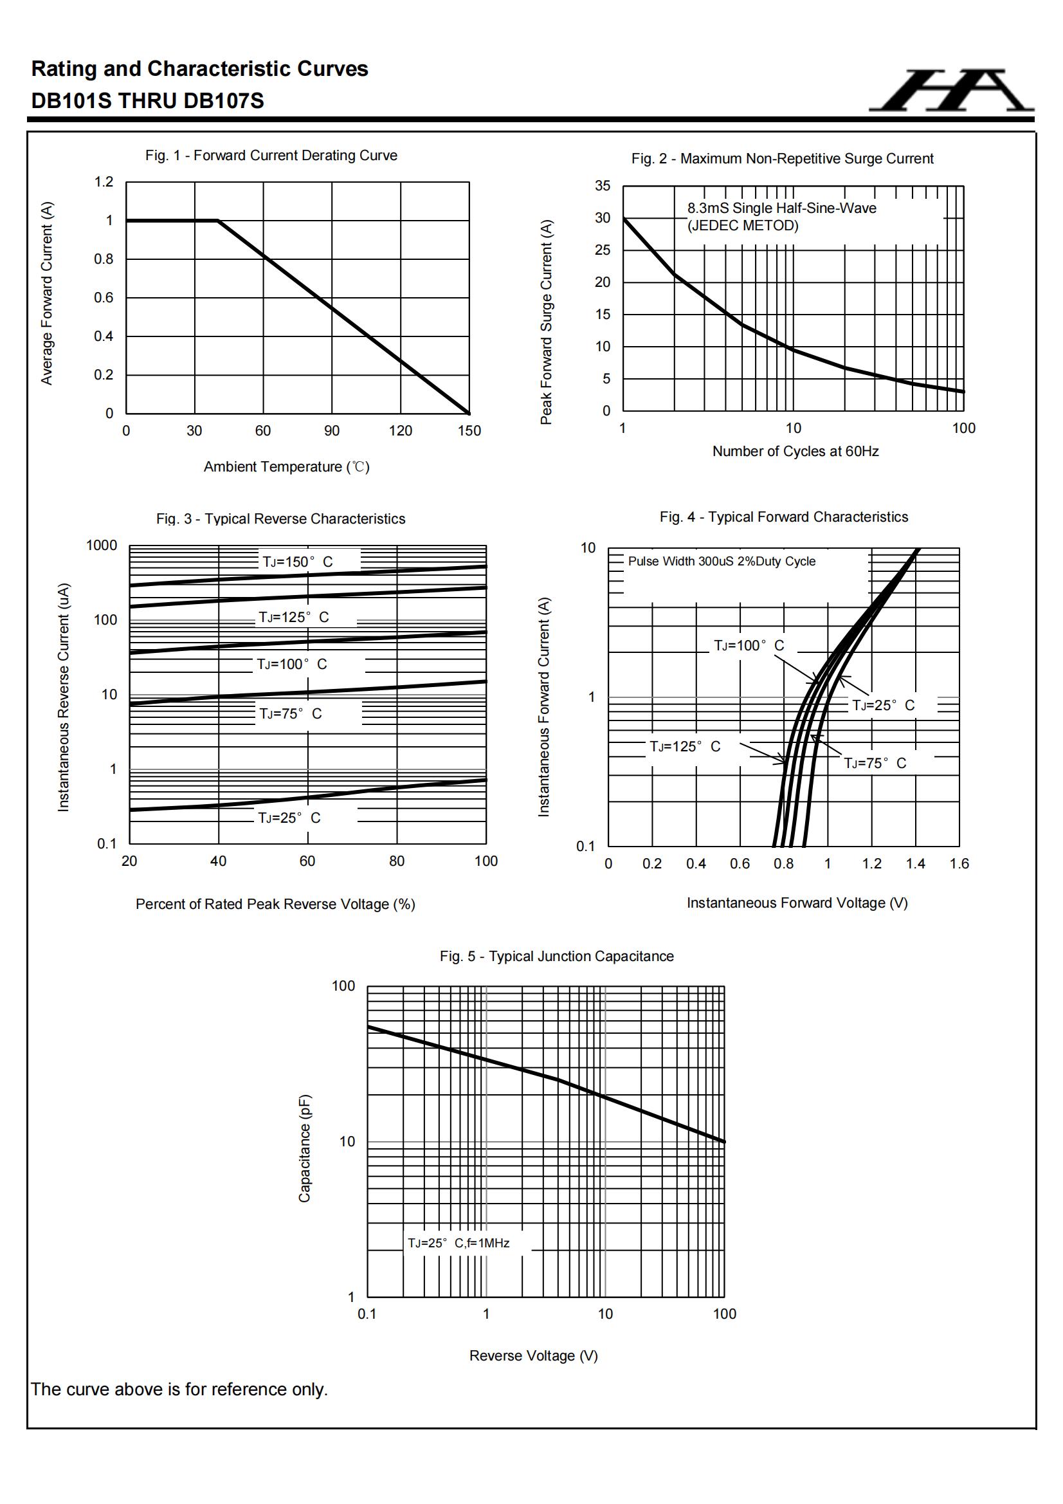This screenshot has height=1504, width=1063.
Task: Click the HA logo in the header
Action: pyautogui.click(x=951, y=91)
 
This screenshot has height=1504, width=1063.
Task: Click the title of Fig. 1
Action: pyautogui.click(x=271, y=155)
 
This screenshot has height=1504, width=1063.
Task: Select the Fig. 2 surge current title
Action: pyautogui.click(x=782, y=158)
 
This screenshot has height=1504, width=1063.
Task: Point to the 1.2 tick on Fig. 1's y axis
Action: pyautogui.click(x=104, y=181)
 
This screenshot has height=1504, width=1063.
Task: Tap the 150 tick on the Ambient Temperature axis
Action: pyautogui.click(x=469, y=430)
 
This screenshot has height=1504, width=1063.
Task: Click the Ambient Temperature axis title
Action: pyautogui.click(x=286, y=466)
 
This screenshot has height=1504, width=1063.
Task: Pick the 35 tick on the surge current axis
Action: pyautogui.click(x=603, y=185)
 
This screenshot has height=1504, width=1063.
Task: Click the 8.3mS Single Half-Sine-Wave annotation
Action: pyautogui.click(x=781, y=208)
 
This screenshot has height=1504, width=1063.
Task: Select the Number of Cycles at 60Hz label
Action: pyautogui.click(x=795, y=452)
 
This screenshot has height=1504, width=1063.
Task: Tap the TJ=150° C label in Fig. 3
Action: pyautogui.click(x=298, y=562)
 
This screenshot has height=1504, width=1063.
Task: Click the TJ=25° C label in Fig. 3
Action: pyautogui.click(x=289, y=818)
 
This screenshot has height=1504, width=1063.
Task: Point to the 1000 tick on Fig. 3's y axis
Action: pyautogui.click(x=102, y=545)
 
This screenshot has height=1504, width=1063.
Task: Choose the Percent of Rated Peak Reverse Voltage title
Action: pyautogui.click(x=275, y=904)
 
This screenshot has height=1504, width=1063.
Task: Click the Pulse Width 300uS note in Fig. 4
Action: pyautogui.click(x=722, y=562)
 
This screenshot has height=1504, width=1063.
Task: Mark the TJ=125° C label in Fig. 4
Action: pyautogui.click(x=684, y=746)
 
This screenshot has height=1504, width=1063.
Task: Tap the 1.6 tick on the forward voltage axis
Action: pyautogui.click(x=959, y=863)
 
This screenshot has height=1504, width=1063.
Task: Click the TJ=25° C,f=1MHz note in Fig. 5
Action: pyautogui.click(x=459, y=1243)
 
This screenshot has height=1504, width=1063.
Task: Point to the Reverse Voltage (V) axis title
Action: pyautogui.click(x=533, y=1355)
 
